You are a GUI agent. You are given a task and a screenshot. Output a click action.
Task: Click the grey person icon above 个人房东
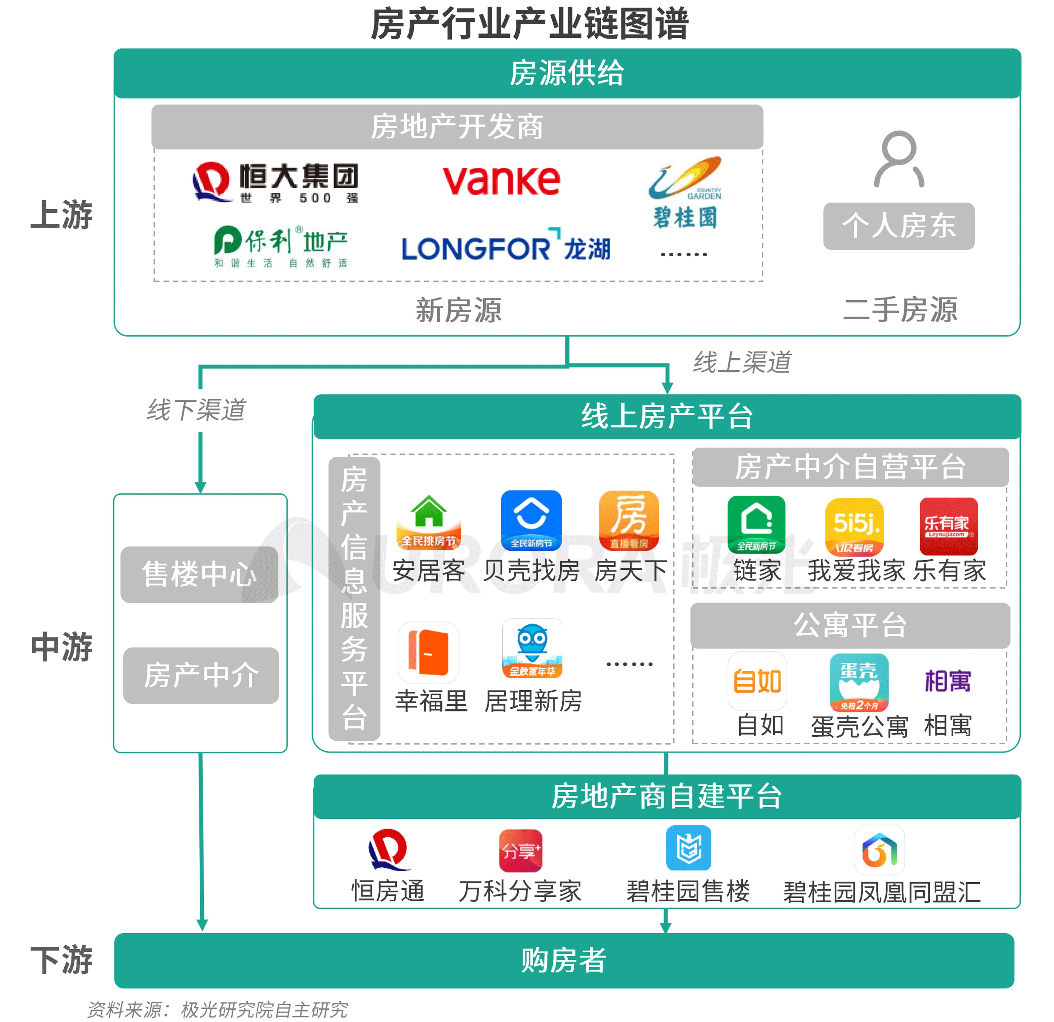pos(898,159)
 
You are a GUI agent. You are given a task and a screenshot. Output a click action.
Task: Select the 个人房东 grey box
pos(898,226)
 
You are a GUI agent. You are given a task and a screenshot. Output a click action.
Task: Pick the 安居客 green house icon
pos(429,520)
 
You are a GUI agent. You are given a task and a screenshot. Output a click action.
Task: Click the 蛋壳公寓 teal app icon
pos(859,682)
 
